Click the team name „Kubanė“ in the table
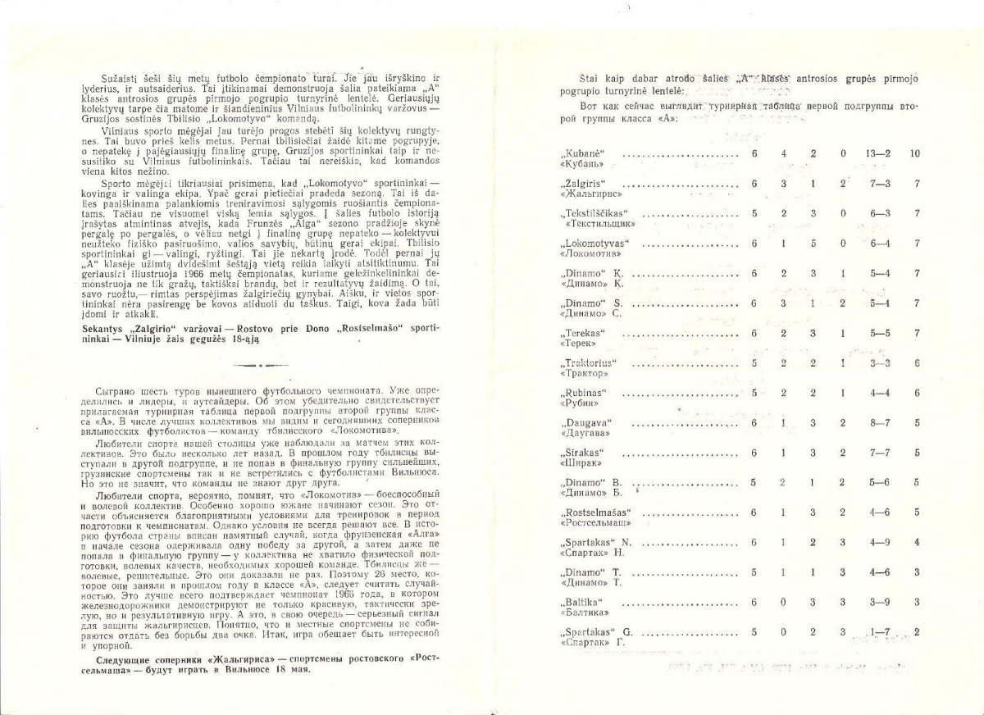(x=583, y=153)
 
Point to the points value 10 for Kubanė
(x=915, y=153)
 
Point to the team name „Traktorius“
(x=590, y=362)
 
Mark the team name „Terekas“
(x=584, y=333)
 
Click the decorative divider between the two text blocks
(x=256, y=363)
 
